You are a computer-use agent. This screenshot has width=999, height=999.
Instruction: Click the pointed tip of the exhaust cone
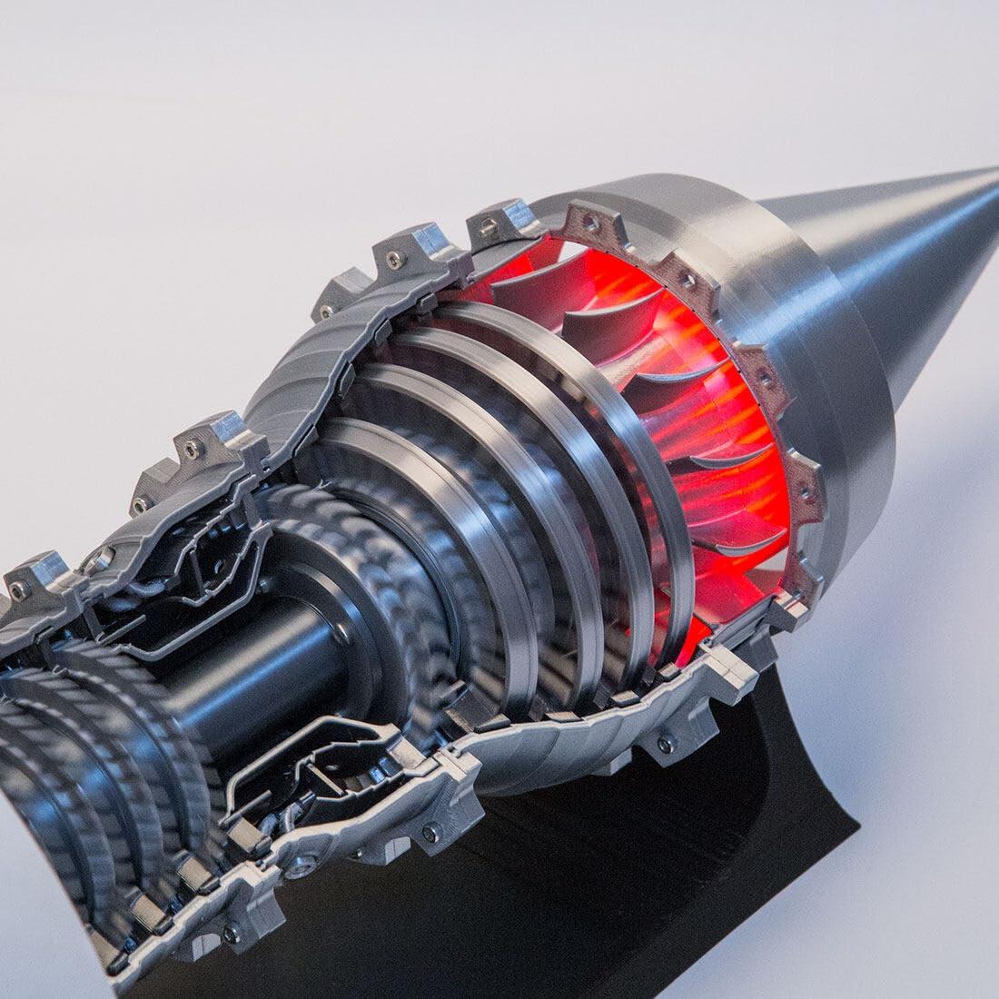point(994,171)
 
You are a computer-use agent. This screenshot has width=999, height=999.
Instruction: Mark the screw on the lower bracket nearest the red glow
point(668,745)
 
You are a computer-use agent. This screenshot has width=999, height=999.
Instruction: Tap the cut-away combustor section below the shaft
point(300,772)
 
